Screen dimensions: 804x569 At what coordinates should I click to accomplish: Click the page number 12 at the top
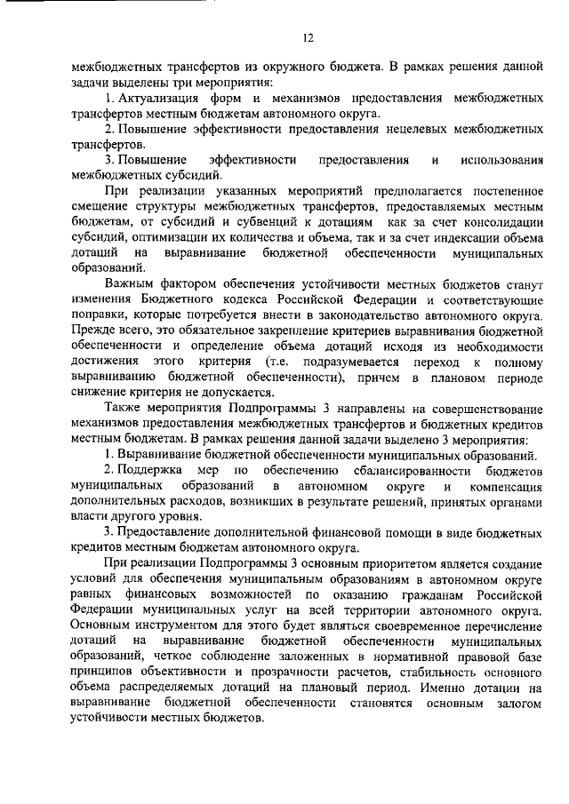point(308,37)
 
